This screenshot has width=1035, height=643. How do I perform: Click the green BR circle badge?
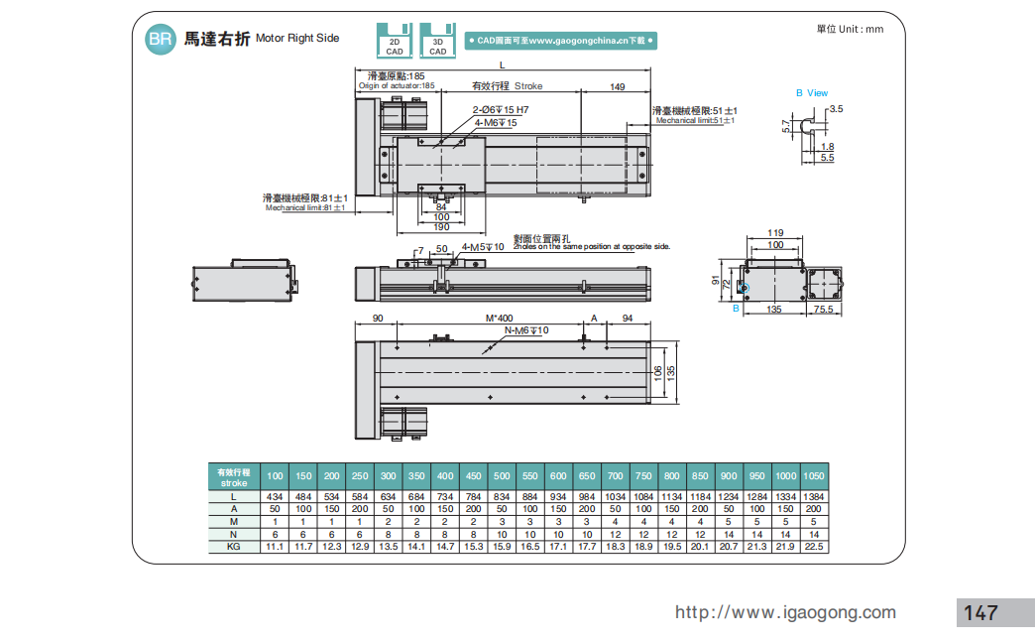tap(159, 39)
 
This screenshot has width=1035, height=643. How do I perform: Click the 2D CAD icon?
tap(395, 40)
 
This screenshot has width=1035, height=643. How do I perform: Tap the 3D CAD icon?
tap(437, 40)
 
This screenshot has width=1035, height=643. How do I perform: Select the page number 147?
tap(980, 612)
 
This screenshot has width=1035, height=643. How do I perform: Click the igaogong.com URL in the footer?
tap(785, 612)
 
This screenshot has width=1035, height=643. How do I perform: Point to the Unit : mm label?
tap(850, 29)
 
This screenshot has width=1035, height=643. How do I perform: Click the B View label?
tap(811, 93)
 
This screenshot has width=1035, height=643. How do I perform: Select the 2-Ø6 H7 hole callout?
tap(501, 109)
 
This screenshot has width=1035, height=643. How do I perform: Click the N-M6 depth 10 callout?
tap(526, 329)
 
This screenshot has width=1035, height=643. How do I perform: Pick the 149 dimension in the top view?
tap(617, 87)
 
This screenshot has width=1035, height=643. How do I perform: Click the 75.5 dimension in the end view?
tap(823, 310)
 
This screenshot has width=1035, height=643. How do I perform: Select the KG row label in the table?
tap(234, 546)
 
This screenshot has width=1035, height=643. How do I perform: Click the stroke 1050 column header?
tap(813, 475)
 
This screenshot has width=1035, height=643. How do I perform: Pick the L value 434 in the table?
tap(275, 495)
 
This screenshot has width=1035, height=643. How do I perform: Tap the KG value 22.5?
tap(813, 546)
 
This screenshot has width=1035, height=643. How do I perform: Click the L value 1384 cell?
tap(813, 495)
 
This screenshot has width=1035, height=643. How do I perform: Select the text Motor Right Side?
tap(297, 39)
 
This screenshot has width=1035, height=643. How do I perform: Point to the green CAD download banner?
tap(561, 41)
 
